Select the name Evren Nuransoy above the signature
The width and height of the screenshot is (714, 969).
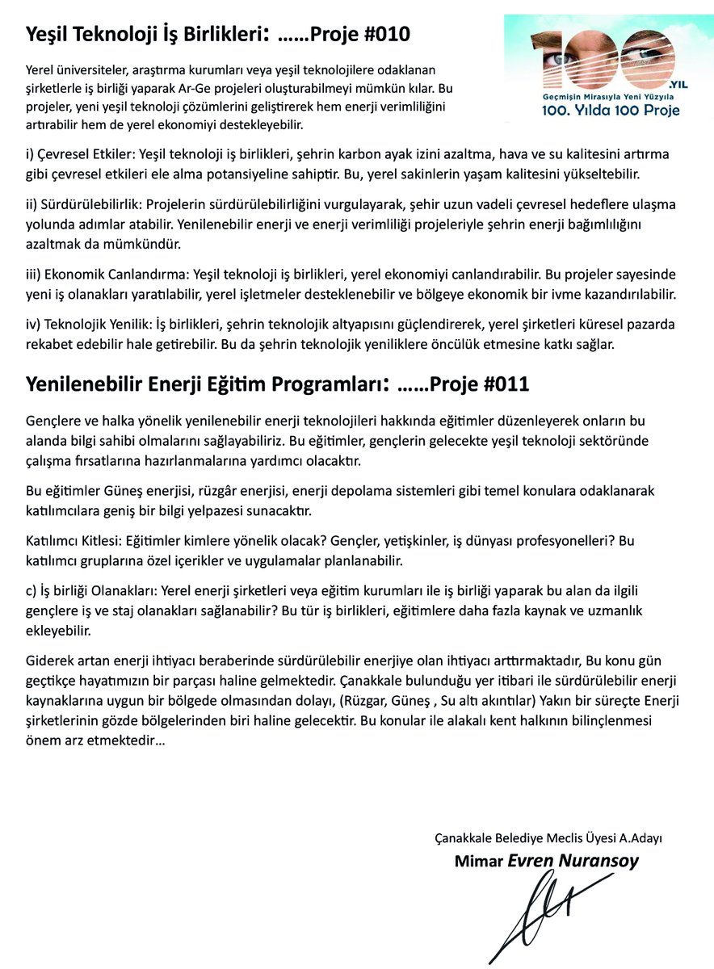(573, 861)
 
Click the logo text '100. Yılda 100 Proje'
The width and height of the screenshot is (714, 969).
(610, 110)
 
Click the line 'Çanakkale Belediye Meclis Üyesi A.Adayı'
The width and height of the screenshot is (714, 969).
(554, 837)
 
